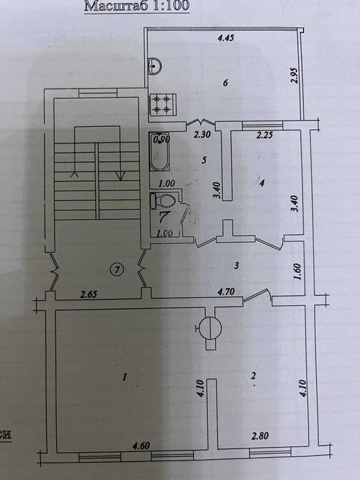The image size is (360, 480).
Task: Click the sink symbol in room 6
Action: (156, 66)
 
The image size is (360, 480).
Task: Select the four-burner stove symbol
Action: (162, 104)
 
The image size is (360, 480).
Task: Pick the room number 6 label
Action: (224, 83)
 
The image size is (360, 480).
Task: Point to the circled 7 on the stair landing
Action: (117, 270)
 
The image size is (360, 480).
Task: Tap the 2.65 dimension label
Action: (88, 296)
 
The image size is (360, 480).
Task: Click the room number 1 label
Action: (125, 376)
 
